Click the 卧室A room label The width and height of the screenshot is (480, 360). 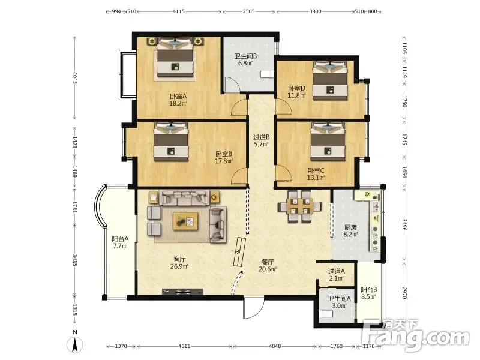(178, 96)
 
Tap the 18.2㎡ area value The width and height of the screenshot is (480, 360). (178, 103)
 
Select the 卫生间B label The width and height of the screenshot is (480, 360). (245, 56)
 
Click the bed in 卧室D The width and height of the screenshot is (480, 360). (329, 80)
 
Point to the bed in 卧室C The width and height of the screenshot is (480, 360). (328, 142)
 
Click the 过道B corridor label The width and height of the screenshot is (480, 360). (262, 137)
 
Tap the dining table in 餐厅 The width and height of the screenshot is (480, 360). (299, 206)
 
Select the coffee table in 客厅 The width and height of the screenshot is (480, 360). (185, 221)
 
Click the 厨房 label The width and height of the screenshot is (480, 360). (350, 227)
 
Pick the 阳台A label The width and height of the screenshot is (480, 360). (120, 239)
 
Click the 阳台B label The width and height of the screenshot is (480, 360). (368, 289)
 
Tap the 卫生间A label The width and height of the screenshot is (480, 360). (340, 298)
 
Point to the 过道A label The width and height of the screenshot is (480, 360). (337, 271)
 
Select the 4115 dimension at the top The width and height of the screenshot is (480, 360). (179, 11)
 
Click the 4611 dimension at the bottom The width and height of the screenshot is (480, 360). (184, 346)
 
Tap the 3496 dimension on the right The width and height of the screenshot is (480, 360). (404, 224)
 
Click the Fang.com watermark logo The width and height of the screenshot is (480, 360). (416, 335)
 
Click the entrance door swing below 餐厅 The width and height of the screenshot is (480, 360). (253, 308)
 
